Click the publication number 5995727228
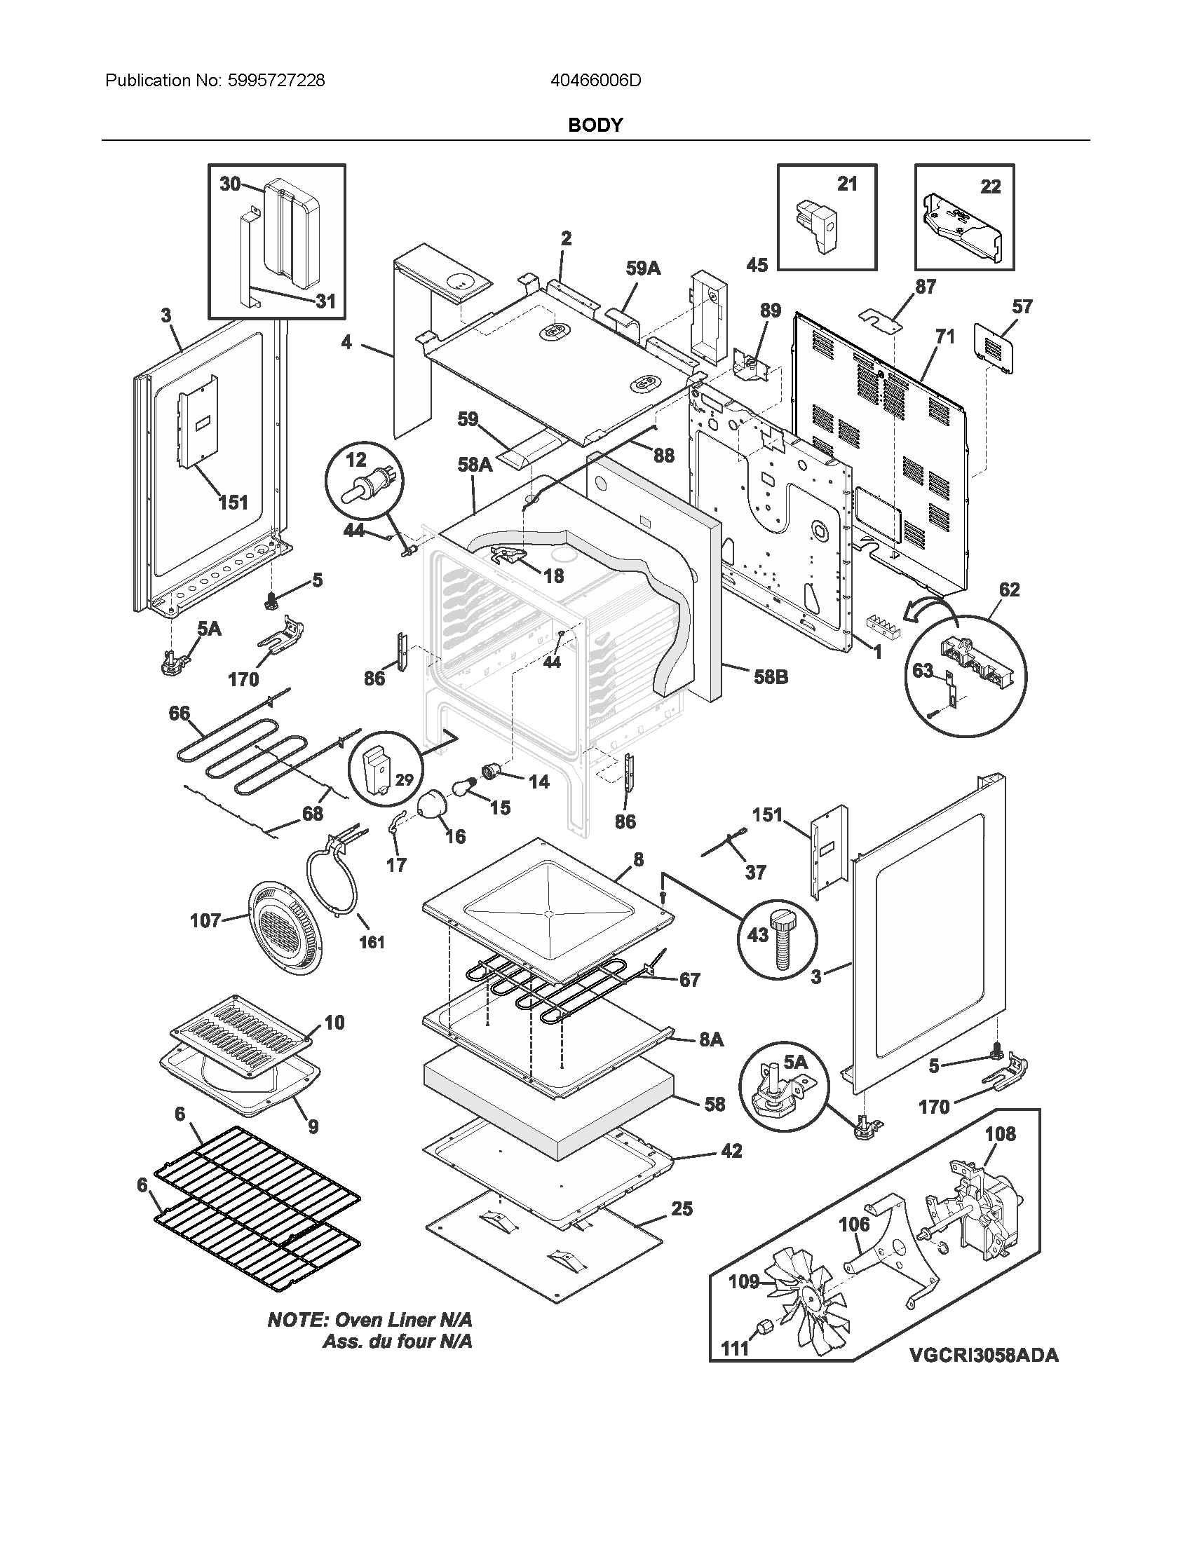pyautogui.click(x=276, y=81)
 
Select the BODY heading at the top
pyautogui.click(x=595, y=125)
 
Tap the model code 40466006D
pyautogui.click(x=595, y=81)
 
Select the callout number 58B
pyautogui.click(x=770, y=677)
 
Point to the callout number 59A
pyautogui.click(x=642, y=268)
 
